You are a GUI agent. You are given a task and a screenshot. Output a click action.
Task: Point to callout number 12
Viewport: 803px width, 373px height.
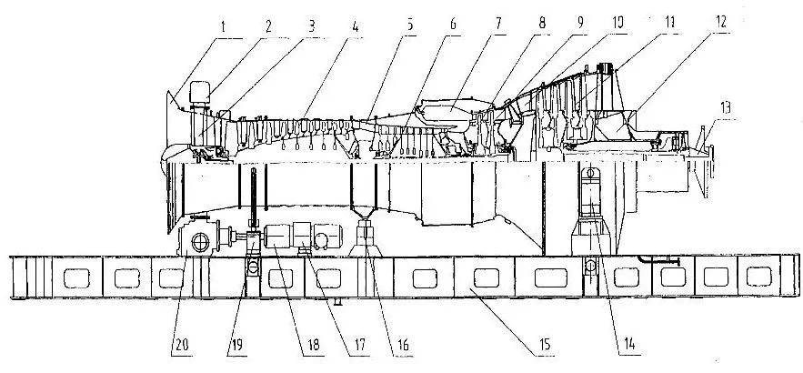click(x=722, y=17)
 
